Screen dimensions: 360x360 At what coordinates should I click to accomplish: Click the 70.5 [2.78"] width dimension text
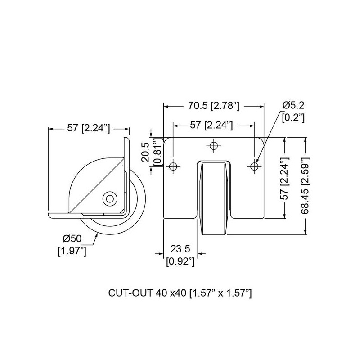point(214,106)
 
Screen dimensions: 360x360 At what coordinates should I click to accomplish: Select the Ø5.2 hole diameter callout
point(294,105)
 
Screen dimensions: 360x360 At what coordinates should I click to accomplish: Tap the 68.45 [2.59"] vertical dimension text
point(306,186)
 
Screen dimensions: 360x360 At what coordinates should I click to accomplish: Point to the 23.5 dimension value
point(180,249)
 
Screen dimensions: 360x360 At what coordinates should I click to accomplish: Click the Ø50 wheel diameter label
point(72,239)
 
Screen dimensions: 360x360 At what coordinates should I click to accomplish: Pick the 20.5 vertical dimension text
point(145,152)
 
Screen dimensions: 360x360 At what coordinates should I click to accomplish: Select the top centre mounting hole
point(214,145)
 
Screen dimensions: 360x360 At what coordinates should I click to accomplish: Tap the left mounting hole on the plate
point(173,166)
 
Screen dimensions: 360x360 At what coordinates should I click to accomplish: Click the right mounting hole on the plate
point(254,166)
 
